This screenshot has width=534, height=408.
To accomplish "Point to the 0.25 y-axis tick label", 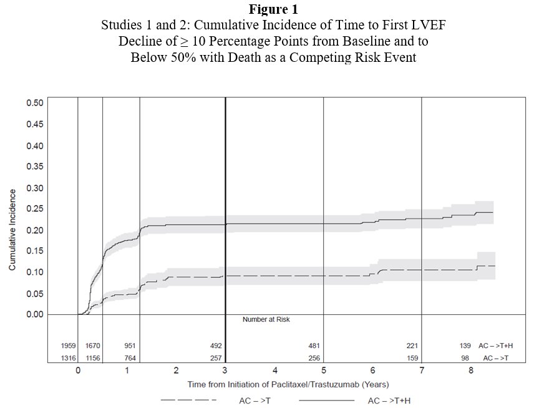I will click(34, 209).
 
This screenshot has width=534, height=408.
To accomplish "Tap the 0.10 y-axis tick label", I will click(34, 272).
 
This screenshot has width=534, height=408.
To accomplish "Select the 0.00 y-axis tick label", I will click(34, 314).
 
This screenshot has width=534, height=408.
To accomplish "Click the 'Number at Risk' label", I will click(266, 319).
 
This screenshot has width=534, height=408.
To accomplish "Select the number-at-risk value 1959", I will click(68, 346).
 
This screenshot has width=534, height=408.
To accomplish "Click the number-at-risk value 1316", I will click(68, 357).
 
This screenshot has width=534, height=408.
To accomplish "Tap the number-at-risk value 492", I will click(216, 346).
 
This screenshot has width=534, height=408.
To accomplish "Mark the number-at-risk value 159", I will click(412, 357).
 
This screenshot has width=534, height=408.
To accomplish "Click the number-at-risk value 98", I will click(466, 357).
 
